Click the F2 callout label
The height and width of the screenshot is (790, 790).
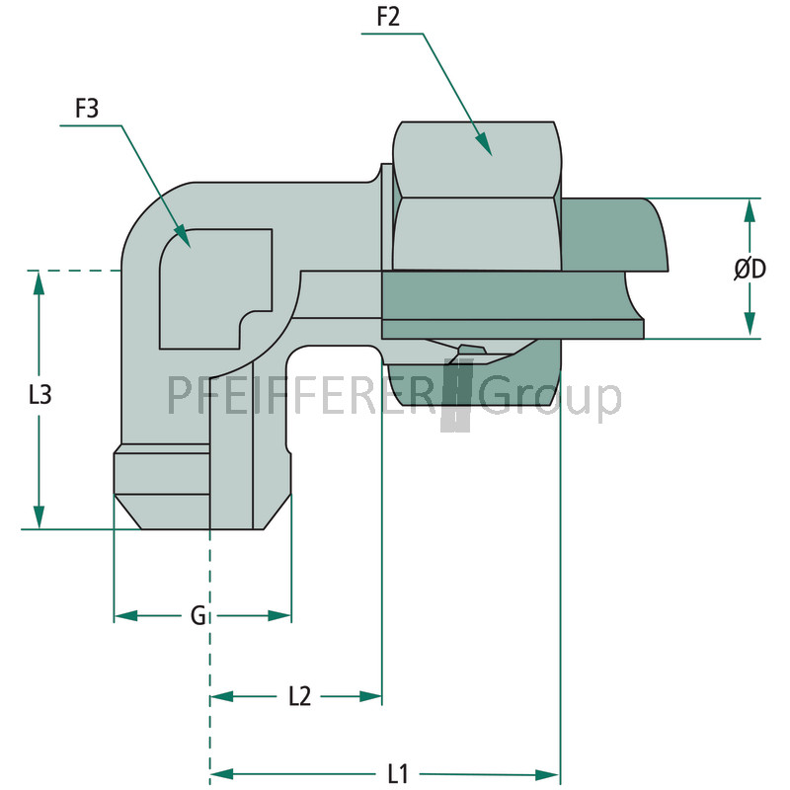[x=388, y=17]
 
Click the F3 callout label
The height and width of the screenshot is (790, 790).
[x=87, y=109]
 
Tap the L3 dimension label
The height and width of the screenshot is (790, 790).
[x=39, y=394]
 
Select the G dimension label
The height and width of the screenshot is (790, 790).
[x=198, y=615]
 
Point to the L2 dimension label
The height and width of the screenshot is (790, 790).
[x=300, y=696]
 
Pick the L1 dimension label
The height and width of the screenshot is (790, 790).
[x=398, y=773]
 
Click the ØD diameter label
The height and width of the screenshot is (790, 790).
[x=750, y=269]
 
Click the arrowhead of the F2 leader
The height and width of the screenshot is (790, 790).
[x=484, y=144]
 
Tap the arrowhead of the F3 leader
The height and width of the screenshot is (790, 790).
[x=183, y=237]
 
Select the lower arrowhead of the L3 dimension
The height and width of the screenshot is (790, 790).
[x=39, y=517]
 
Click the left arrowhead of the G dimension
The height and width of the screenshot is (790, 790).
[x=126, y=615]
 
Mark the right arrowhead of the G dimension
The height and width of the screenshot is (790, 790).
[x=279, y=615]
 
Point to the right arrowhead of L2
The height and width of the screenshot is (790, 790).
[x=370, y=697]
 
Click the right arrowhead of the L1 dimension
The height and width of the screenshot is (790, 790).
[x=548, y=774]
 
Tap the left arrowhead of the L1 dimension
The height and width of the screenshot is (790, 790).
[x=222, y=774]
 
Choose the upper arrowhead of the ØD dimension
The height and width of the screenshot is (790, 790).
[x=750, y=211]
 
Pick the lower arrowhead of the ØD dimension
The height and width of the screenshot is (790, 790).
[x=750, y=324]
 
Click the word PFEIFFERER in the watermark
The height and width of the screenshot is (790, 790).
[x=304, y=395]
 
